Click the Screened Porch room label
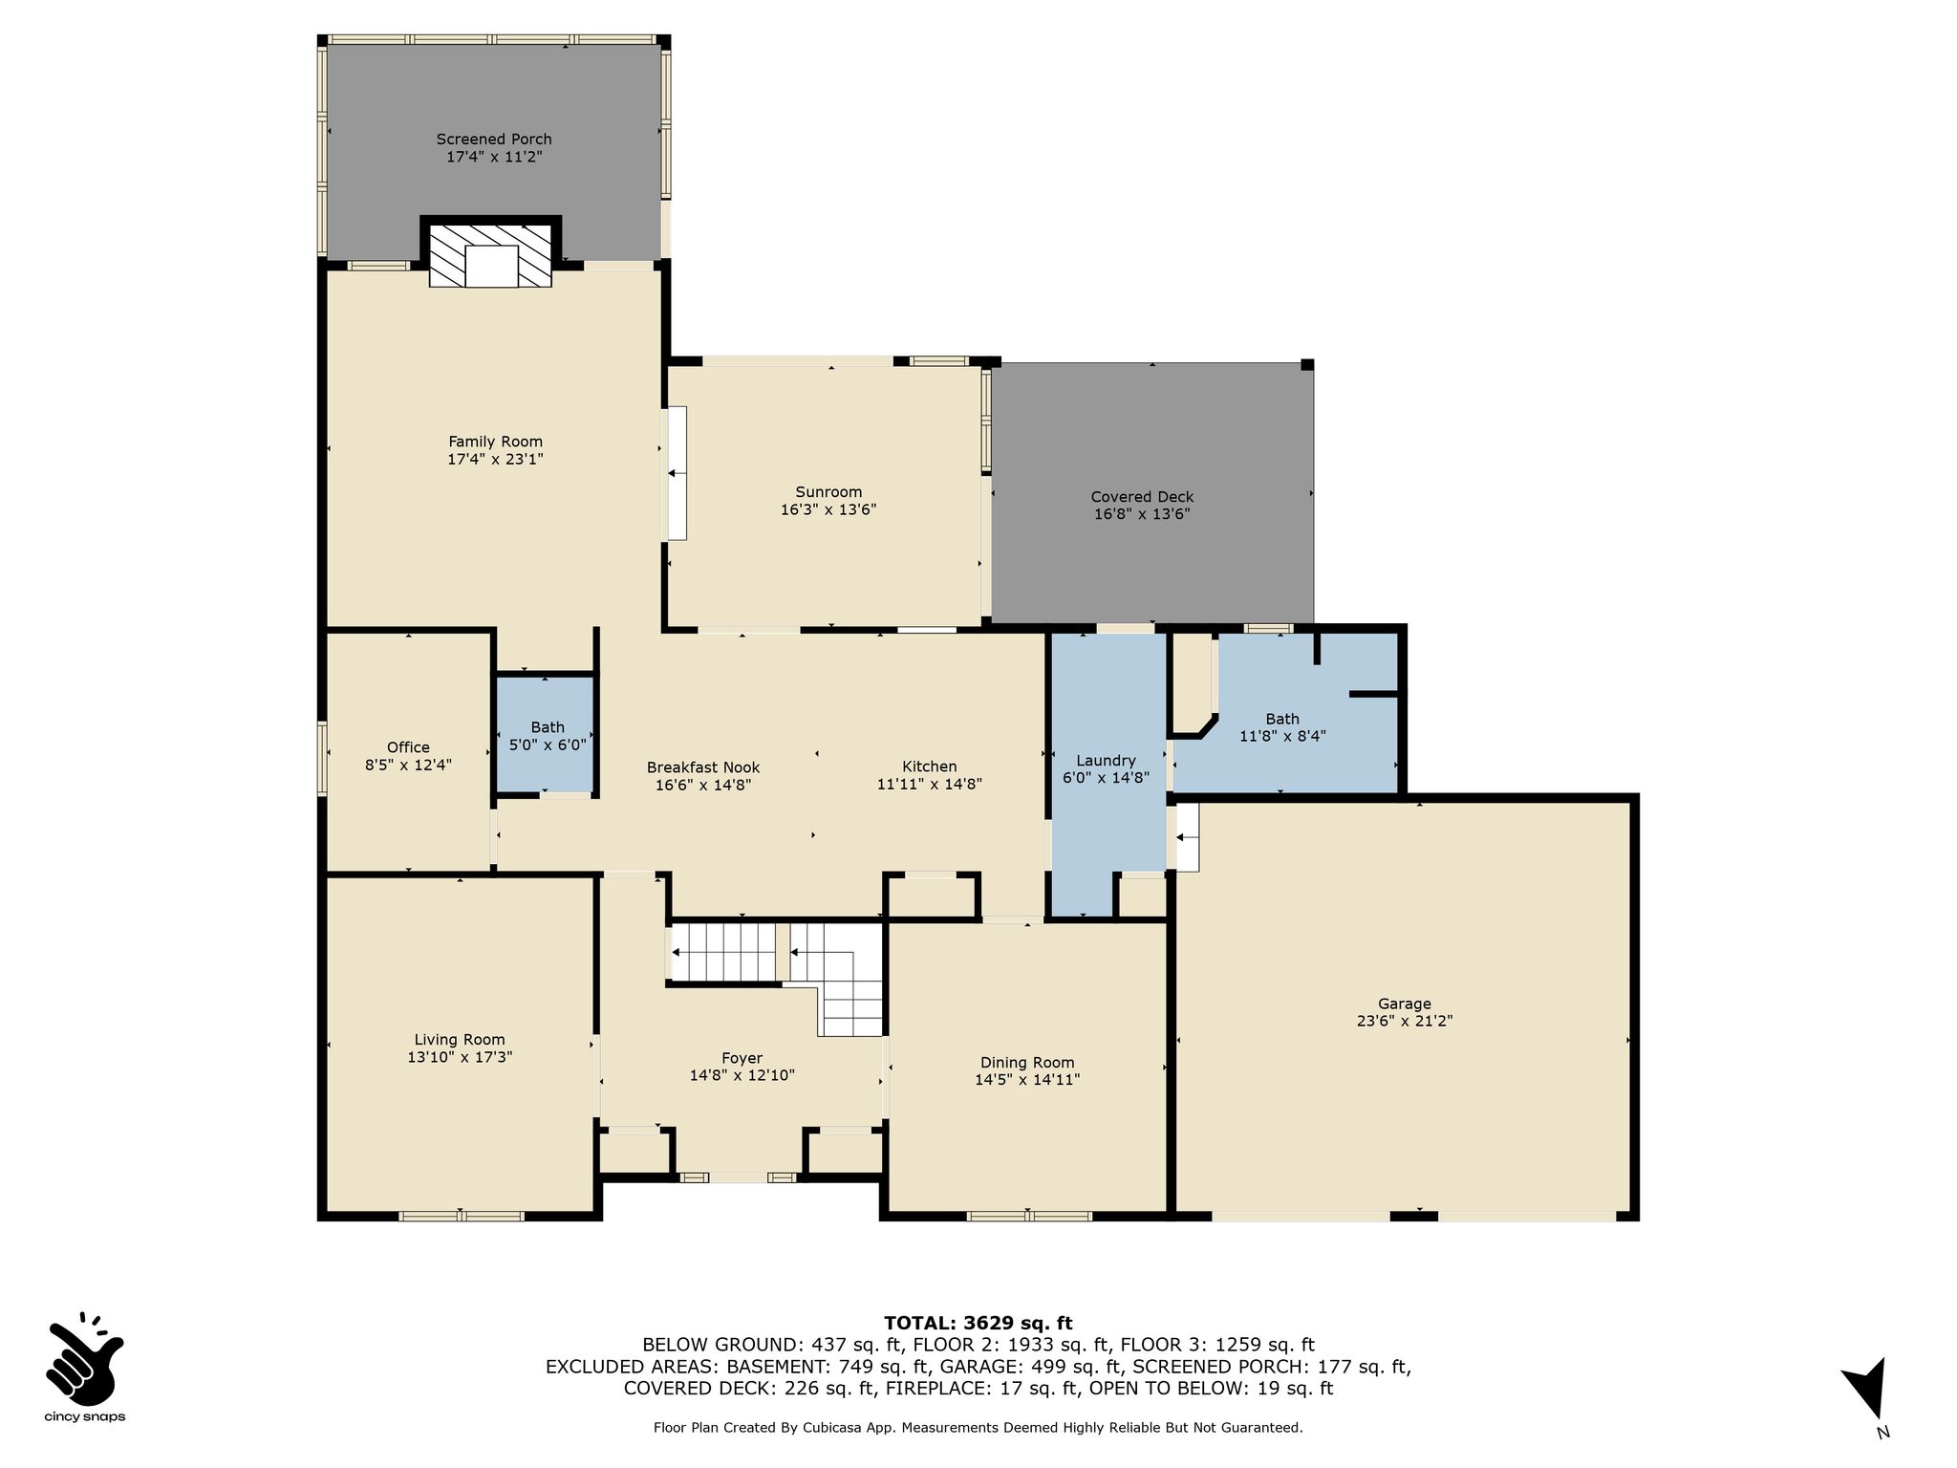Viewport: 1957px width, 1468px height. pos(494,140)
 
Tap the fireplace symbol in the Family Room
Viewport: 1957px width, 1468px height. pos(490,255)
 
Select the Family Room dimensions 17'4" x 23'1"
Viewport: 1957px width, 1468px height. pos(495,460)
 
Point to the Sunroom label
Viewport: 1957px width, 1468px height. pos(828,492)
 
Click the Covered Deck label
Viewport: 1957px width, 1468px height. pos(1142,497)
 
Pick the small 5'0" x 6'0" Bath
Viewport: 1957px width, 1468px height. pos(547,736)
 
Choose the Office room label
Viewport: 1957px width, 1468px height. pos(408,747)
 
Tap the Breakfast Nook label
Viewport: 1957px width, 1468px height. pos(703,767)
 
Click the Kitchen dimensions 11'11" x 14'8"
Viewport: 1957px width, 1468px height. pos(930,785)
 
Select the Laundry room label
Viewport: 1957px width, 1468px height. pos(1106,761)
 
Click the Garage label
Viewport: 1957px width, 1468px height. pos(1405,1004)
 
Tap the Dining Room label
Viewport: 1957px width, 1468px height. pos(1027,1063)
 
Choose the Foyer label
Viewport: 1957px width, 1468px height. pos(742,1058)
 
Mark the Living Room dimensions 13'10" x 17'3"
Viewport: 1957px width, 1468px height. pos(460,1058)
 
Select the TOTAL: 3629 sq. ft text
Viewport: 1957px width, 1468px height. pos(978,1324)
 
